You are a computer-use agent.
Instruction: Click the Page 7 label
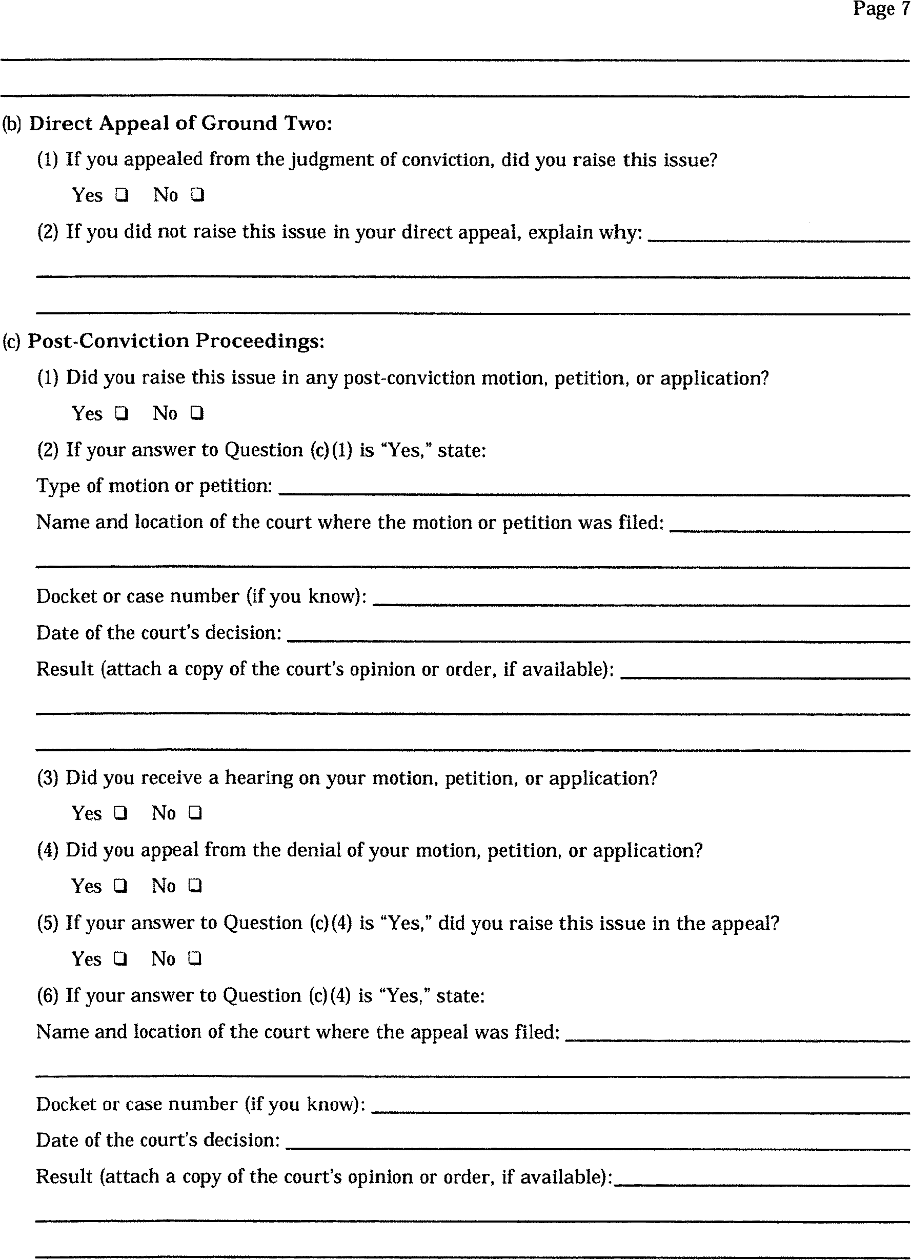click(880, 9)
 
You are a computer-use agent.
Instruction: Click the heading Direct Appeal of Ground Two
click(180, 123)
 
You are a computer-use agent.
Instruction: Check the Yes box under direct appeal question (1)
click(122, 195)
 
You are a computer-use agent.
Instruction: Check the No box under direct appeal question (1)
click(198, 195)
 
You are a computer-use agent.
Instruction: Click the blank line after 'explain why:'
click(778, 238)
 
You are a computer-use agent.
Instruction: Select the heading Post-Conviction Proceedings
click(175, 341)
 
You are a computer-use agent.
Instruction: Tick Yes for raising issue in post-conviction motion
click(122, 413)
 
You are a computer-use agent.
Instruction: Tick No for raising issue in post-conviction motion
click(197, 413)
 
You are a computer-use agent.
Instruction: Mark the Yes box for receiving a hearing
click(121, 813)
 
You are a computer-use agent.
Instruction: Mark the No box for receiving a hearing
click(195, 813)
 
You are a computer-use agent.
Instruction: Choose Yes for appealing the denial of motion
click(121, 886)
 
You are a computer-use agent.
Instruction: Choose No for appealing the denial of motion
click(195, 886)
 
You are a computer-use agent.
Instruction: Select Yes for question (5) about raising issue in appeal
click(121, 958)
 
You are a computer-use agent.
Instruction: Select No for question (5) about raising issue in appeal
click(195, 958)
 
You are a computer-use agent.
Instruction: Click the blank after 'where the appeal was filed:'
click(737, 1038)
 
